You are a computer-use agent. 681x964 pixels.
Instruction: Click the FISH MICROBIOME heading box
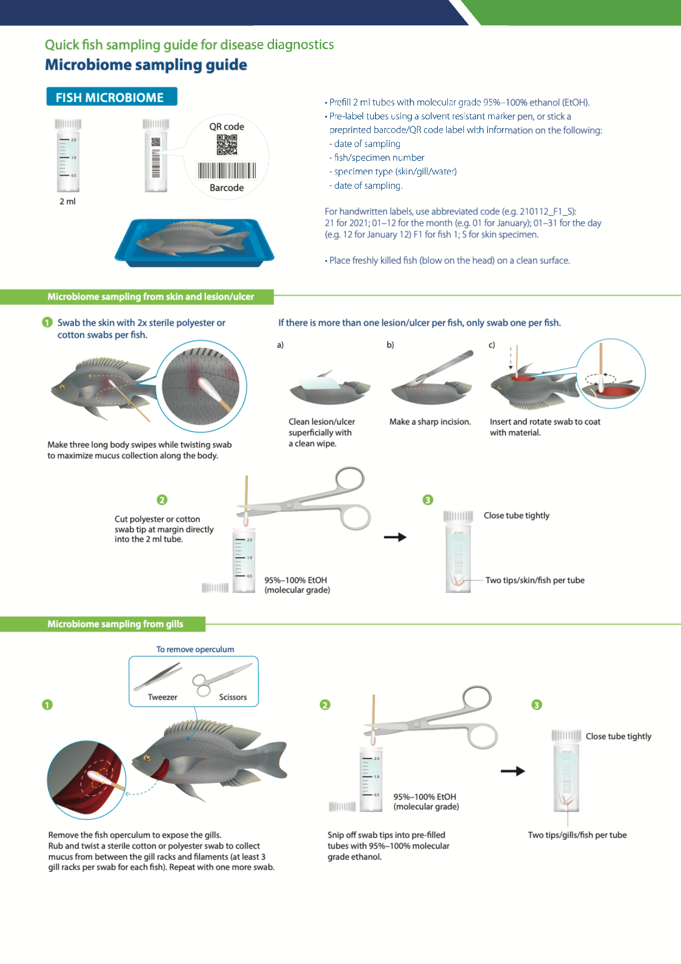point(112,97)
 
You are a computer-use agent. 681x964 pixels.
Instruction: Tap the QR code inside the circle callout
point(226,145)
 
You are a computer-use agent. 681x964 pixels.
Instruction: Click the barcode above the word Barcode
point(227,171)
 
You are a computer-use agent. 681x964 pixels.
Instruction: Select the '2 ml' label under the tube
point(67,202)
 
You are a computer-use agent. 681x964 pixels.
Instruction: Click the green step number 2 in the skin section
point(162,500)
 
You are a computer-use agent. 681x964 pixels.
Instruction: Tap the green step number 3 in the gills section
point(537,705)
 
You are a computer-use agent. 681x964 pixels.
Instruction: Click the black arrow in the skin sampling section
point(395,537)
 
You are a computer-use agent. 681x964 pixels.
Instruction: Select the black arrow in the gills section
point(513,771)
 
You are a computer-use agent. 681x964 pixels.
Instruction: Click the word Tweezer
point(162,697)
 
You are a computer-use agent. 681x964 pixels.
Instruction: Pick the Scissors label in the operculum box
point(233,697)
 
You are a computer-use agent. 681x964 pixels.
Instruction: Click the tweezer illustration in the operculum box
point(158,676)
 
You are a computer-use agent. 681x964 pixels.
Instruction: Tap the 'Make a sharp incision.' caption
point(430,422)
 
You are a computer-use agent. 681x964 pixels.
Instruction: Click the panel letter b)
point(390,345)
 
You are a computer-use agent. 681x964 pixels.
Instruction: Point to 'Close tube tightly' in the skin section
point(516,516)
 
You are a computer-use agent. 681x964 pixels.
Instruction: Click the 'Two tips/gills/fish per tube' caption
point(577,835)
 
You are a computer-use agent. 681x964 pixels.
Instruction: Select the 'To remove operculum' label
point(195,649)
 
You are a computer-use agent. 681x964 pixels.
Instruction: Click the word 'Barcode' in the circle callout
point(226,188)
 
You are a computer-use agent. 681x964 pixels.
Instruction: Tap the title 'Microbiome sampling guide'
point(146,65)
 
